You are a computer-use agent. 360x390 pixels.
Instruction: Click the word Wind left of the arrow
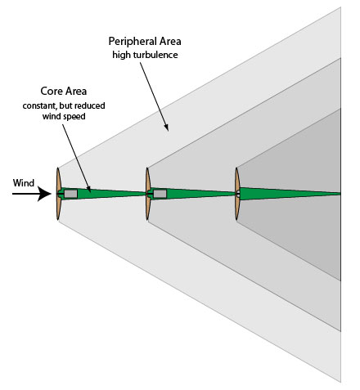[23, 183]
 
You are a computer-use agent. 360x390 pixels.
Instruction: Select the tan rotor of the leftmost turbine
[57, 194]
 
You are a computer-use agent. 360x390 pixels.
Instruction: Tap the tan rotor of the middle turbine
[148, 194]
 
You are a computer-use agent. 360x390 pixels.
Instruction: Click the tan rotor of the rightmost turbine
[237, 194]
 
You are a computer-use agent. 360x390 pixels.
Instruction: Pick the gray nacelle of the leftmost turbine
[70, 194]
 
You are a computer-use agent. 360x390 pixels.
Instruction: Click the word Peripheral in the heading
[129, 40]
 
